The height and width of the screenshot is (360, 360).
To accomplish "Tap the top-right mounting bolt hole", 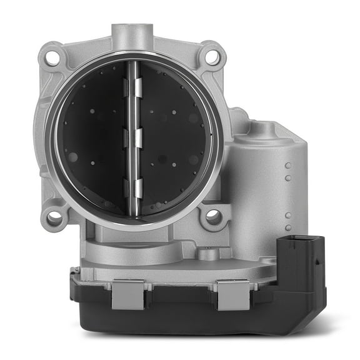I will (x=212, y=57).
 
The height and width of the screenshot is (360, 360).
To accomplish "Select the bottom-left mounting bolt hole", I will (x=54, y=218).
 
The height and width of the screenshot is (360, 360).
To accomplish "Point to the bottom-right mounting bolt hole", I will (x=213, y=217).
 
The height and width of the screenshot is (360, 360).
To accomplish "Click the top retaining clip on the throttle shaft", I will (x=132, y=88).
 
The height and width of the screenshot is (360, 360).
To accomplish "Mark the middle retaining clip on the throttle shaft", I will (x=133, y=138).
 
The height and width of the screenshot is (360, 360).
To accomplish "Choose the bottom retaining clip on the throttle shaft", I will (x=133, y=187).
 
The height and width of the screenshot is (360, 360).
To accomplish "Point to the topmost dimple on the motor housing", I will (x=288, y=166).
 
